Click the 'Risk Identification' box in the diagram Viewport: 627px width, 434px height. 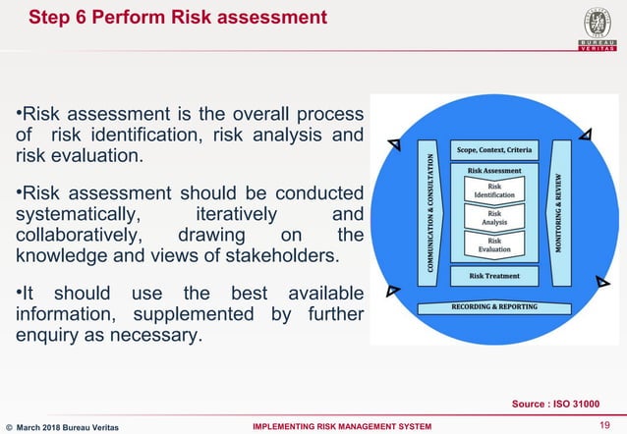tap(494, 190)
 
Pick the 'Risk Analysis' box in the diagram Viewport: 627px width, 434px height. tap(494, 218)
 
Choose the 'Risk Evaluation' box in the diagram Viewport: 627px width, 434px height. tap(494, 245)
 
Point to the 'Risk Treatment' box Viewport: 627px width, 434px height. tap(494, 277)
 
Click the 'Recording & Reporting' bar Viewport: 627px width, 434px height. tap(495, 307)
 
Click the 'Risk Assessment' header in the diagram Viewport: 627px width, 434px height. tap(494, 170)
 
